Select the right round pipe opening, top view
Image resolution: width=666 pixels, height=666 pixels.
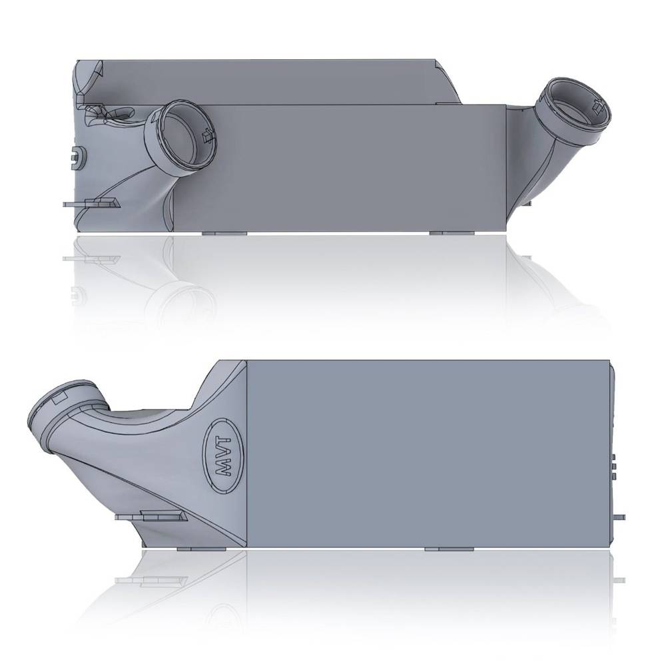pyautogui.click(x=575, y=111)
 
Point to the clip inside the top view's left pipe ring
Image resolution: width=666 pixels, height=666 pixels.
pyautogui.click(x=206, y=135)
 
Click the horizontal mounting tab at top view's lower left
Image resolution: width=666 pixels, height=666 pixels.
pyautogui.click(x=92, y=203)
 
